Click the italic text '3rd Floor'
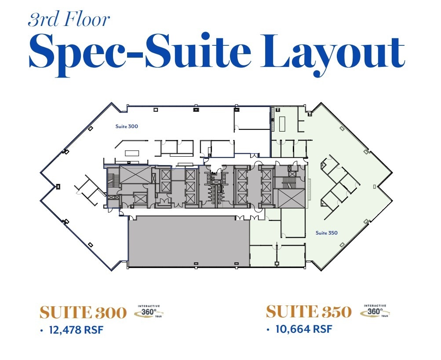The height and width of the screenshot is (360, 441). [69, 20]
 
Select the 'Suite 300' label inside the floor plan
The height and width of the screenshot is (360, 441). [127, 126]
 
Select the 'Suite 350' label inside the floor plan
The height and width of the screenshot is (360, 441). [327, 233]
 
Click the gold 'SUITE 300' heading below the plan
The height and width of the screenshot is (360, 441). [83, 313]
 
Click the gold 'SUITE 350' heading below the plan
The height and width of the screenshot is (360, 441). [309, 312]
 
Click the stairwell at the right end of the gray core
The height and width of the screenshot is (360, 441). [290, 181]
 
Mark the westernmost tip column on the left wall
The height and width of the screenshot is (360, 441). [58, 187]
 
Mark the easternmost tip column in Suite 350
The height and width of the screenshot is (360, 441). [374, 187]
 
